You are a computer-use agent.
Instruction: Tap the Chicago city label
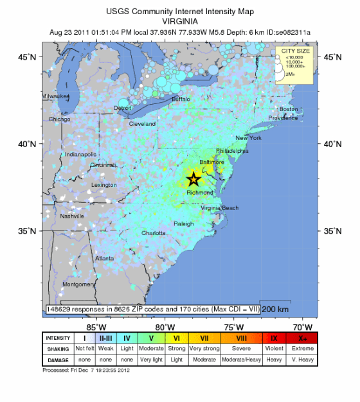pyautogui.click(x=59, y=119)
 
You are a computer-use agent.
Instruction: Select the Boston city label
pyautogui.click(x=289, y=109)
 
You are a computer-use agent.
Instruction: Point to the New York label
pyautogui.click(x=248, y=138)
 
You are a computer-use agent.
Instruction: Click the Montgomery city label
pyautogui.click(x=78, y=284)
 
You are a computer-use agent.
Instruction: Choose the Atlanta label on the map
pyautogui.click(x=105, y=259)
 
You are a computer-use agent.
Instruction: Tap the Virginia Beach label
pyautogui.click(x=219, y=208)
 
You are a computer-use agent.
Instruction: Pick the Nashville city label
pyautogui.click(x=72, y=216)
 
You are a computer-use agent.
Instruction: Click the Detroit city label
pyautogui.click(x=122, y=108)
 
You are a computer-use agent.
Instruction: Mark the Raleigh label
pyautogui.click(x=183, y=223)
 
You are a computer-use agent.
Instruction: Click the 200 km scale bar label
pyautogui.click(x=275, y=309)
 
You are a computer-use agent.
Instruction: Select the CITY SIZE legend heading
pyautogui.click(x=293, y=51)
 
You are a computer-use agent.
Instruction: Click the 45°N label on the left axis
pyautogui.click(x=26, y=57)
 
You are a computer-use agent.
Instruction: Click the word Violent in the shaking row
pyautogui.click(x=273, y=349)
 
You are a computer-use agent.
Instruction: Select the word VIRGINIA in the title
pyautogui.click(x=179, y=21)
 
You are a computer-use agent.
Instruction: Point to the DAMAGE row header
pyautogui.click(x=57, y=360)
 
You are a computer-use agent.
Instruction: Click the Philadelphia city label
pyautogui.click(x=232, y=151)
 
